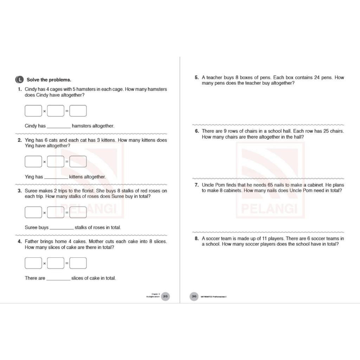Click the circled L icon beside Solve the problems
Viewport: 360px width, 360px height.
coord(20,79)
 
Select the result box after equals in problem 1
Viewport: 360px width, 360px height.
coord(78,111)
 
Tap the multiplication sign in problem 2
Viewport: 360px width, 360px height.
coord(45,162)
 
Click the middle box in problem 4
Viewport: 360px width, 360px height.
coord(56,263)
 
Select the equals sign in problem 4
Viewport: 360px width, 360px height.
coord(67,263)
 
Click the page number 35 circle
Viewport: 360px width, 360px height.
coord(165,296)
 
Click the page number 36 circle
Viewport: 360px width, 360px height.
coord(194,296)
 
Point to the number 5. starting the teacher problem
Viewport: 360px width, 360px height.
coord(197,77)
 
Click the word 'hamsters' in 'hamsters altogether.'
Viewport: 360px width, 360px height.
coord(82,126)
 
